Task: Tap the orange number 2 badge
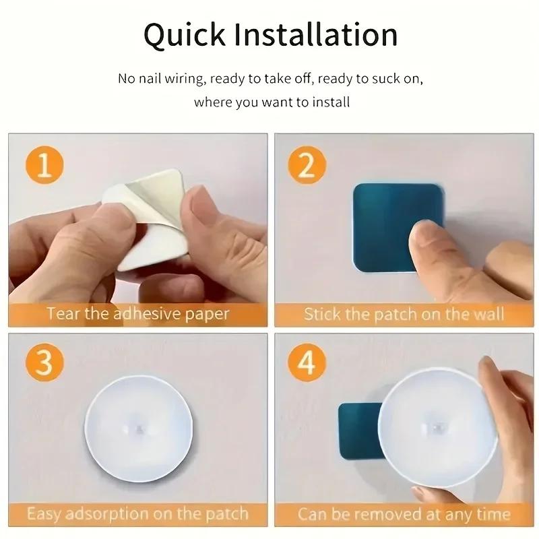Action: click(x=307, y=164)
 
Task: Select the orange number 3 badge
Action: click(x=44, y=364)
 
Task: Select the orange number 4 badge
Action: click(x=307, y=364)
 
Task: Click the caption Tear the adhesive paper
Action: click(x=137, y=313)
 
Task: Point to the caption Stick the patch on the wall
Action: click(x=404, y=313)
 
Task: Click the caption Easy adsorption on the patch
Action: click(x=137, y=514)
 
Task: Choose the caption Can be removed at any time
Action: click(x=404, y=514)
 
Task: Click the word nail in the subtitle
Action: click(x=149, y=79)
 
